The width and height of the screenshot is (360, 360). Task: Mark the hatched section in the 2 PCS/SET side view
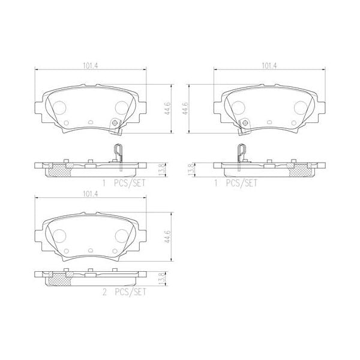(61, 278)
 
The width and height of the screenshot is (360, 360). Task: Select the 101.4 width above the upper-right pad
(269, 67)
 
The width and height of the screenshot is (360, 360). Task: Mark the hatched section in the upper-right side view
(299, 169)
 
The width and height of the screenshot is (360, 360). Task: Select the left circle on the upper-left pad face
(61, 107)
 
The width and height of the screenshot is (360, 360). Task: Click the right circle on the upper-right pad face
(299, 107)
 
